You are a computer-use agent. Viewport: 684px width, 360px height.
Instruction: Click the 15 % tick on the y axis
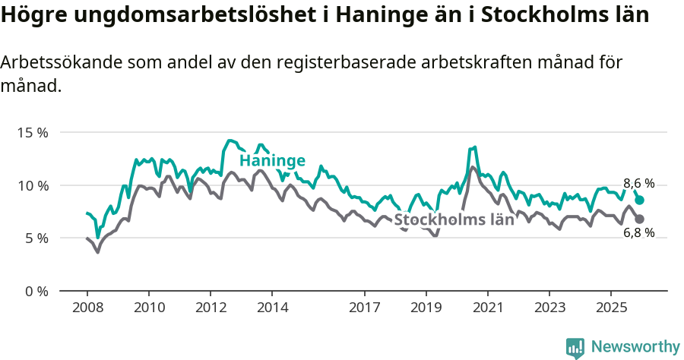(x=33, y=132)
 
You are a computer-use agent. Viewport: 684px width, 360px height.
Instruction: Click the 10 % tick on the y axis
(x=33, y=185)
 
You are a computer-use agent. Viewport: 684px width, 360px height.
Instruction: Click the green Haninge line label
(x=272, y=160)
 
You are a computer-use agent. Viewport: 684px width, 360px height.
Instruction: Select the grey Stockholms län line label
(x=454, y=220)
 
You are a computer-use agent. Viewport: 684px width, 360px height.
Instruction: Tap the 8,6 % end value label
(x=638, y=183)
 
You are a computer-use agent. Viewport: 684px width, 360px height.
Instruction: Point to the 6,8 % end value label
(x=638, y=233)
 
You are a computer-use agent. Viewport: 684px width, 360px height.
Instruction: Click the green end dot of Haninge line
(x=640, y=200)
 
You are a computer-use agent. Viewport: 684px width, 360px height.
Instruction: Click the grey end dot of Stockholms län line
(x=640, y=219)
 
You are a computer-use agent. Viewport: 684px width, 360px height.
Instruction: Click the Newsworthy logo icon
(x=575, y=348)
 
